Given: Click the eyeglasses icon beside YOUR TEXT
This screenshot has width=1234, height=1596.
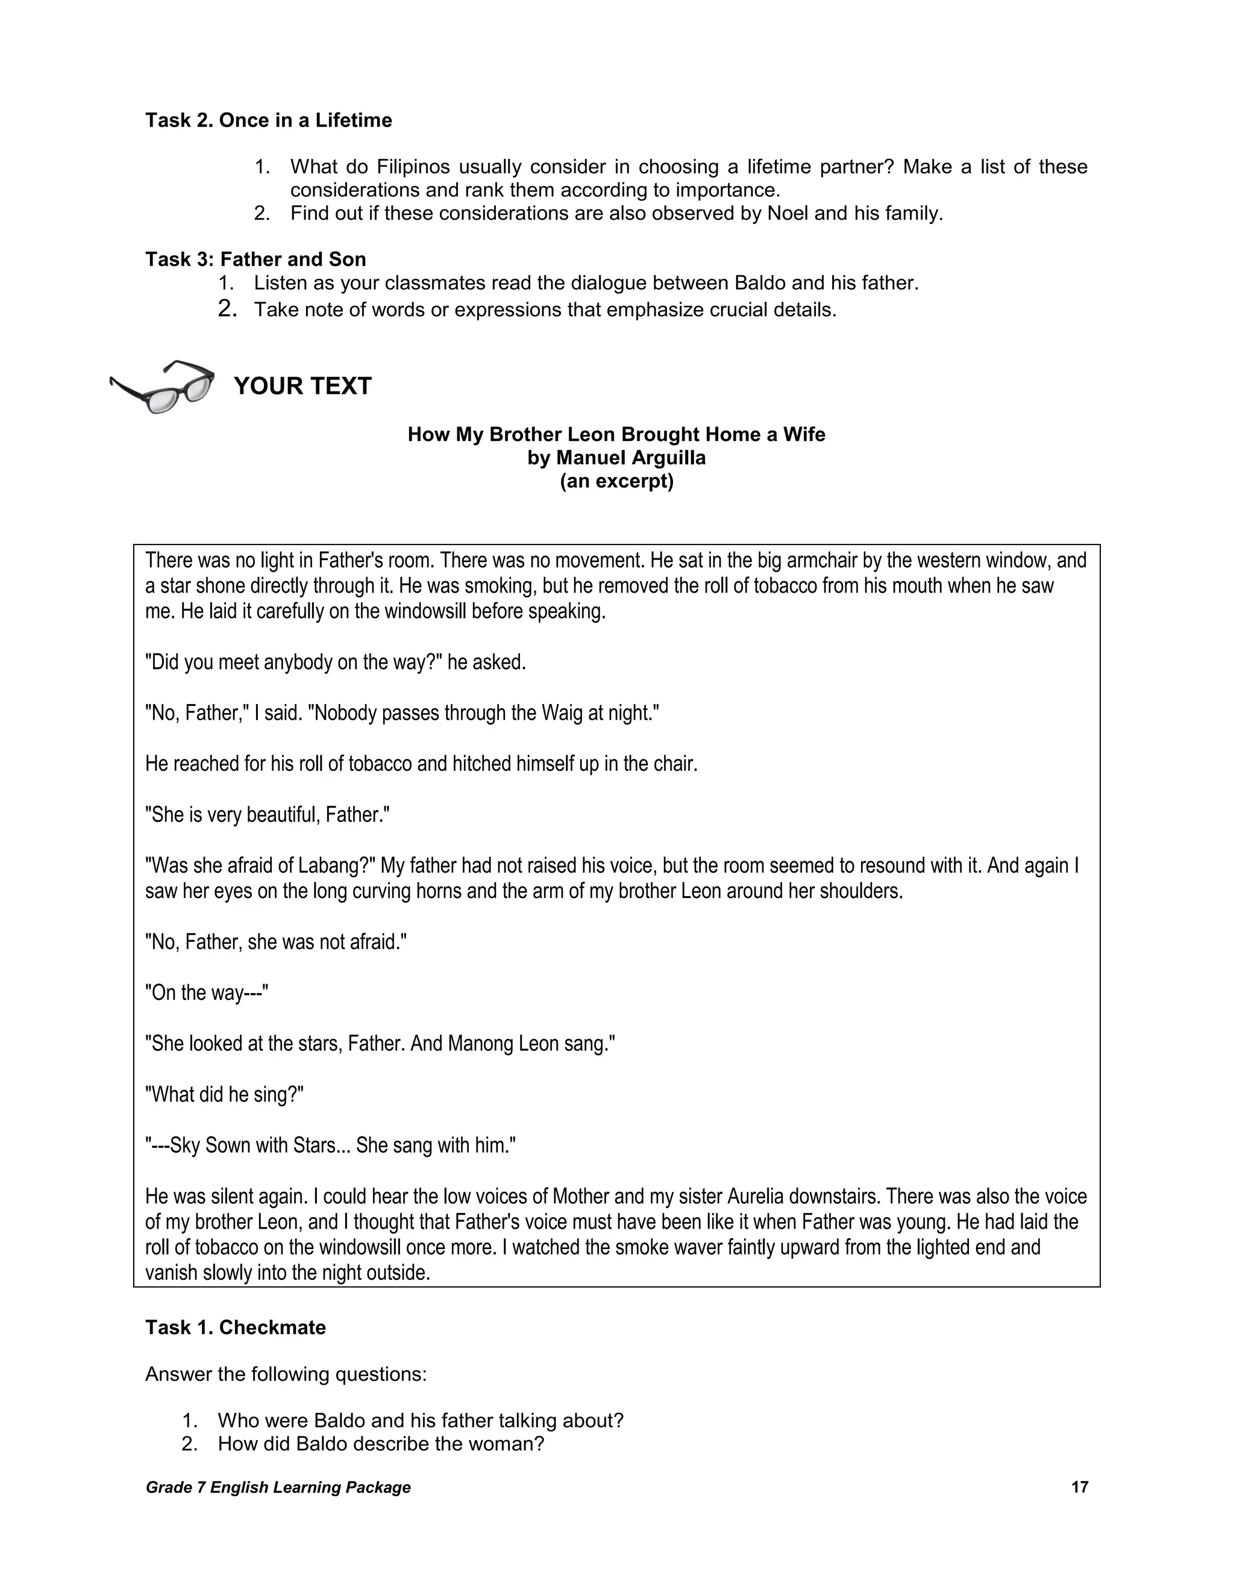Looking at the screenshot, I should pos(162,386).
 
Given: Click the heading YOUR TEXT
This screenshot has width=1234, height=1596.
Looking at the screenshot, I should pos(302,386).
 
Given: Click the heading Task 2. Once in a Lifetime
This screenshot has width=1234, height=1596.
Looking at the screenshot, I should pos(268,120).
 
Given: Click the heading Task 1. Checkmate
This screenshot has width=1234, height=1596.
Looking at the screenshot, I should pos(236,1327).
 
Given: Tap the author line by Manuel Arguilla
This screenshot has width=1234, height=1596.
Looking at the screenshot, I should pos(616,458).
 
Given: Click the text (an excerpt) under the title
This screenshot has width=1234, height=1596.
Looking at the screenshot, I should pos(616,482).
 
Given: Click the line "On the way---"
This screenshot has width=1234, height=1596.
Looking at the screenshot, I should pos(207,993).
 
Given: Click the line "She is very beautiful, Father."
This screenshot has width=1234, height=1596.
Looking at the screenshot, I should pos(268,815).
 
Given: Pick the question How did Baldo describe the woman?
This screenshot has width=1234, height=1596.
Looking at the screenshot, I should pos(381,1444).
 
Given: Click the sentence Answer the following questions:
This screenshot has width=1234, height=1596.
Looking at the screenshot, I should pos(286,1374).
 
